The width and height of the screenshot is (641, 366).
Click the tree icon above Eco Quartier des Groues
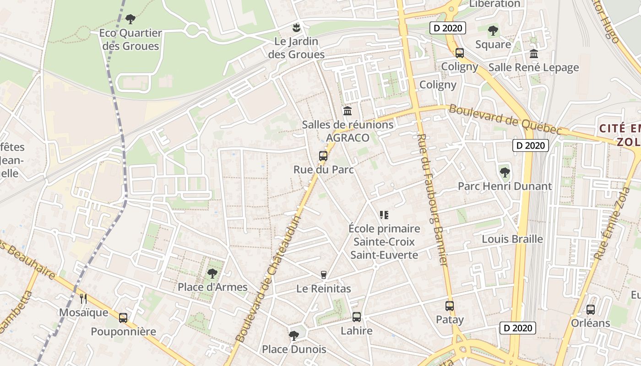point(130,19)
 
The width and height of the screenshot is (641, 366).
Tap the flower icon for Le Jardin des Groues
point(297,27)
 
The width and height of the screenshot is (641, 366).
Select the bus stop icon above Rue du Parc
point(323,156)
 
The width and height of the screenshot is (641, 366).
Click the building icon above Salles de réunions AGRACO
point(348,111)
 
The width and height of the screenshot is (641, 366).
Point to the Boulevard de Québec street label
point(505,120)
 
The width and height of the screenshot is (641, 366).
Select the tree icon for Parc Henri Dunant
point(505,172)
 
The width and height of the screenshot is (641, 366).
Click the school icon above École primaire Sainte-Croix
point(384,215)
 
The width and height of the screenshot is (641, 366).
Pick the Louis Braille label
point(512,239)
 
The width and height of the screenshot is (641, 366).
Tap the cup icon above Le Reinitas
point(324,274)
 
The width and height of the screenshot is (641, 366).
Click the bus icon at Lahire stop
point(357,317)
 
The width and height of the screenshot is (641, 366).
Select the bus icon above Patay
point(450,306)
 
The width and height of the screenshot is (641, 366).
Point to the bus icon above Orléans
point(591,309)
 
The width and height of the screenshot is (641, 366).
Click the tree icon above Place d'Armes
point(212,274)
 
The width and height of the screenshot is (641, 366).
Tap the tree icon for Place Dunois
point(293,336)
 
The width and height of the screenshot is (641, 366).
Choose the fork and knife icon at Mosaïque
point(83,299)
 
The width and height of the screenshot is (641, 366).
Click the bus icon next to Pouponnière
point(123,318)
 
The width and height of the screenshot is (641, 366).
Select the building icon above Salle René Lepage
point(533,54)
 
